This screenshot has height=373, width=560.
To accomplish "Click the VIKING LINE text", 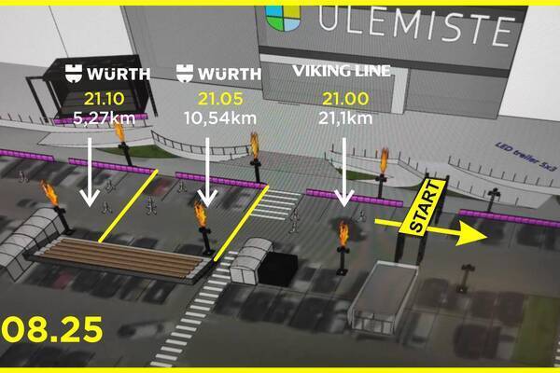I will coord(342,72).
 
